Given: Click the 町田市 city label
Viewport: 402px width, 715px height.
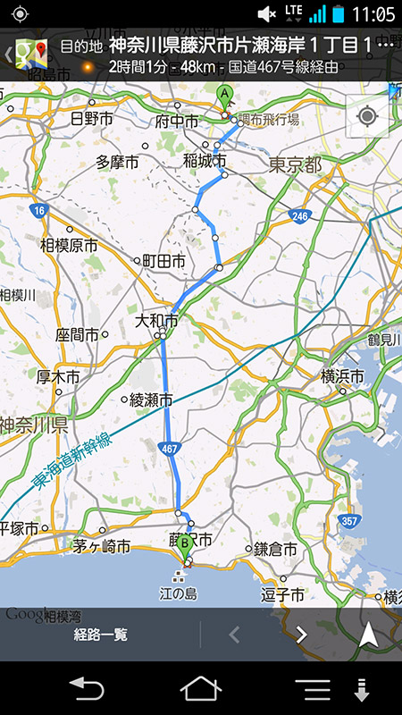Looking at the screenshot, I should coord(164,261).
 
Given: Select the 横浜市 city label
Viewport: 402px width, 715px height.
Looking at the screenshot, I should coord(342,376).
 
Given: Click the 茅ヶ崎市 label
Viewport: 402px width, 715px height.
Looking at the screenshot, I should coord(102,546).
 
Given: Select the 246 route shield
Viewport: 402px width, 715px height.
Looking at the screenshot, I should coord(299,216).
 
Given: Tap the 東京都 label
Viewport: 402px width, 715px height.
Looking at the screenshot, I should coord(294,165).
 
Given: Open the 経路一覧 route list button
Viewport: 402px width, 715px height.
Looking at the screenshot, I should coord(101,635).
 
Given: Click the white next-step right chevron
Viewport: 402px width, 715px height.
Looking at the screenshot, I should coord(301,635).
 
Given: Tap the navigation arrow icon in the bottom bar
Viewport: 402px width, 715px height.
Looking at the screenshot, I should coord(368,635).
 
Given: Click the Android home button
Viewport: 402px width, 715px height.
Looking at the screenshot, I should coord(200,689).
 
